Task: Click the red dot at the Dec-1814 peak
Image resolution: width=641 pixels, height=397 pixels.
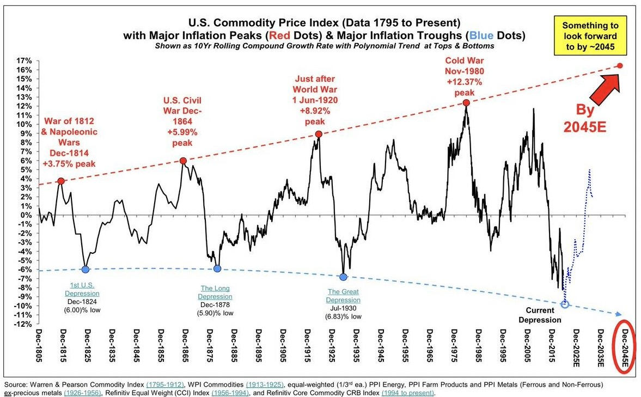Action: point(60,181)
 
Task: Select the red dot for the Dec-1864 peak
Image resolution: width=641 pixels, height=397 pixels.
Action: point(184,161)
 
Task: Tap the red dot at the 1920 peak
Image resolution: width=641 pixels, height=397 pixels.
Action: point(319,134)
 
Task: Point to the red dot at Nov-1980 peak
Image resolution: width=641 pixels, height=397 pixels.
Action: point(466,102)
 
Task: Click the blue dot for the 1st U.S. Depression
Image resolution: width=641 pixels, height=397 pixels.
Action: point(86,269)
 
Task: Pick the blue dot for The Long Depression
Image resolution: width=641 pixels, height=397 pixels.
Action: point(217,268)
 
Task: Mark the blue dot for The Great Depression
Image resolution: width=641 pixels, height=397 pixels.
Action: point(343,277)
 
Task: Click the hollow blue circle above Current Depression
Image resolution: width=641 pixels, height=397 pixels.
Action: point(565,304)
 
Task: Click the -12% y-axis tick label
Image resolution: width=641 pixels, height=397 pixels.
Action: point(21,324)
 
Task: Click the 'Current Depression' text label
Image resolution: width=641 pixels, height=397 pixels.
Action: point(540,315)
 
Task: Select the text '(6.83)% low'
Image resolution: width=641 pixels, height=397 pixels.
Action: point(344,316)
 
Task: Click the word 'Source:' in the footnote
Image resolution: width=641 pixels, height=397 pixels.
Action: point(16,384)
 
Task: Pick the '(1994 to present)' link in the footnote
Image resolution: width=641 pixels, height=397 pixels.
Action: point(407,393)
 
